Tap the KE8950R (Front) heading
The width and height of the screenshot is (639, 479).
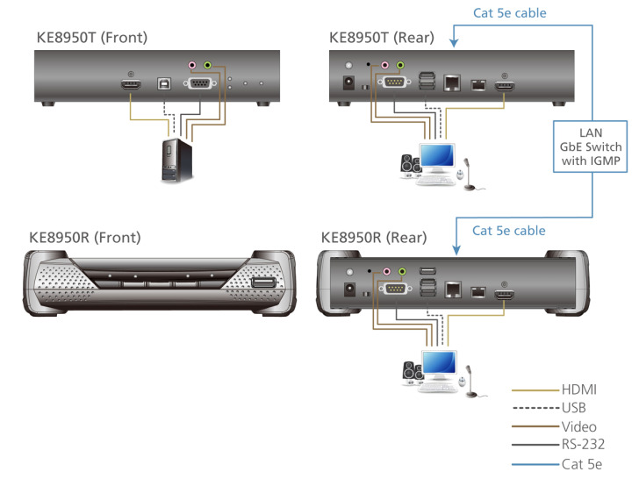86,237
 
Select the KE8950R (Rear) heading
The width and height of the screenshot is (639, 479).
375,237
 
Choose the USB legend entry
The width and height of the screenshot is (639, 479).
573,408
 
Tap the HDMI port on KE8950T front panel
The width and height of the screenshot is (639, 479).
131,85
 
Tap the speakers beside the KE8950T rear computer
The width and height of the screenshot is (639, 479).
410,165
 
